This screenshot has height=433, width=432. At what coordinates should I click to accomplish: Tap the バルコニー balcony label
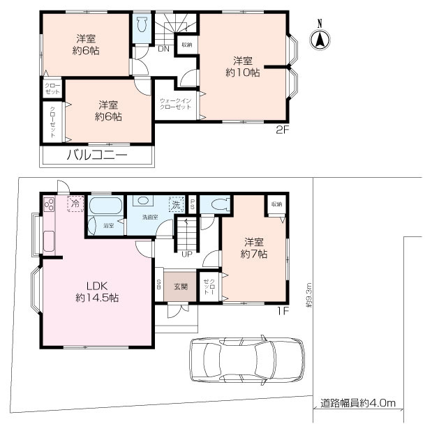(96, 155)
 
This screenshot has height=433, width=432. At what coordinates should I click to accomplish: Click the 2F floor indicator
(282, 129)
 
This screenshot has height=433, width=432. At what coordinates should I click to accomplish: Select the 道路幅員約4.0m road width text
(358, 403)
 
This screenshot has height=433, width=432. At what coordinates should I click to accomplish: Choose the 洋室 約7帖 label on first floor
(253, 248)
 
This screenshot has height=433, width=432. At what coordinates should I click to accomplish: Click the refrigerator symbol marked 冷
(74, 204)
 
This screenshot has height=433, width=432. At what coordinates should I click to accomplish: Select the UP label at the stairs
(187, 254)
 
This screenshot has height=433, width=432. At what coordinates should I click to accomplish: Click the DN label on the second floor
(163, 49)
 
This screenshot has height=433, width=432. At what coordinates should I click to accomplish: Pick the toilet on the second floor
(142, 27)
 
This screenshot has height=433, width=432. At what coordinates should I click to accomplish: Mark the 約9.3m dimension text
(307, 296)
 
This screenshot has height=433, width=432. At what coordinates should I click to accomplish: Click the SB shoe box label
(158, 284)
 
